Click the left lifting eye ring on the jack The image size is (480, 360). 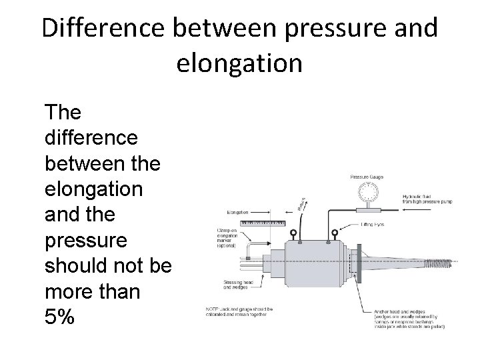(294, 234)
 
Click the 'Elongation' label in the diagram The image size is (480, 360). (237, 213)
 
